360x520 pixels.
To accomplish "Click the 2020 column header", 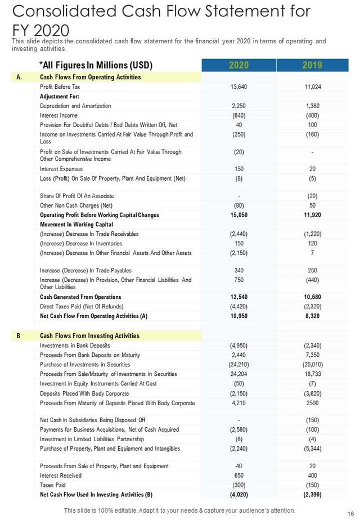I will click(x=238, y=65).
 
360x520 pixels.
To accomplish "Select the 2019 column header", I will click(x=312, y=65).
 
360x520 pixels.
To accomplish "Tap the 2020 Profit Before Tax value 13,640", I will click(x=239, y=87).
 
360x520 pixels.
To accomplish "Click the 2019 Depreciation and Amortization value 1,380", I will click(x=312, y=106).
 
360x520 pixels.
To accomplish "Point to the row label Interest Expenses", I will click(x=61, y=169).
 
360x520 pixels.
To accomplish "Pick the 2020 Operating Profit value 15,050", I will click(x=239, y=215).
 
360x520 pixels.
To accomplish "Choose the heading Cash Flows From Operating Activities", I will click(x=91, y=77).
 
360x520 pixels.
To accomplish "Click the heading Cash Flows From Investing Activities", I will click(x=89, y=336).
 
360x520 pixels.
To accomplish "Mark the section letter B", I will click(x=19, y=336).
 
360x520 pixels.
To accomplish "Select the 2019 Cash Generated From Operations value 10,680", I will click(x=312, y=297).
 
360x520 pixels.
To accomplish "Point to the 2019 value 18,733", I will click(x=312, y=374).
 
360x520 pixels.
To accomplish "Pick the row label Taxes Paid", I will click(x=53, y=485).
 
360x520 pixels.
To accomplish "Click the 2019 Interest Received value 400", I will click(x=312, y=476).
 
